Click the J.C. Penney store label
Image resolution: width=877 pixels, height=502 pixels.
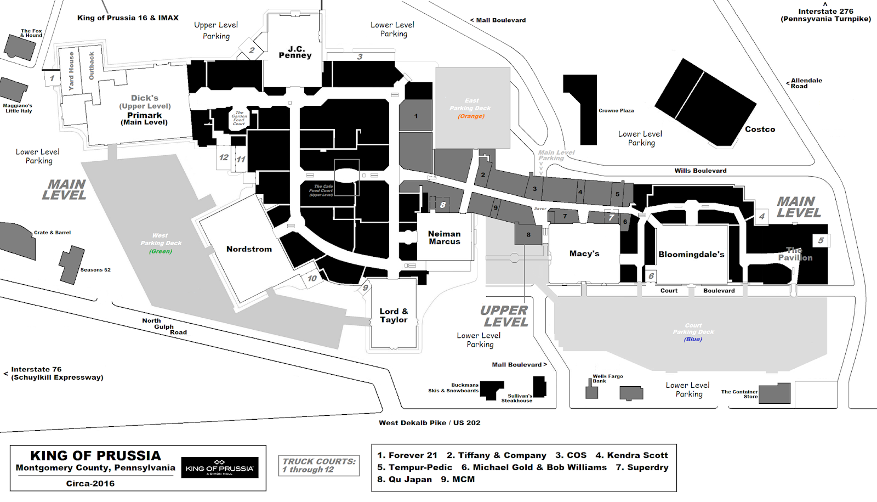click(295, 52)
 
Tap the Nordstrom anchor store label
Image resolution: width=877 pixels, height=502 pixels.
click(249, 249)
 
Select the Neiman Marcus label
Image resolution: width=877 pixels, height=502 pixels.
click(445, 238)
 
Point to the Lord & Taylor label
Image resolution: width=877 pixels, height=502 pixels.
click(394, 315)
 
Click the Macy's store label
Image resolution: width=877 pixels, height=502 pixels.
click(584, 253)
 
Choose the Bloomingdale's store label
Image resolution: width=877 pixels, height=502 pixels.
click(691, 255)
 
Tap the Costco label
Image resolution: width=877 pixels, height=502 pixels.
click(760, 129)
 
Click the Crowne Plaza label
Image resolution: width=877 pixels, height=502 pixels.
click(616, 111)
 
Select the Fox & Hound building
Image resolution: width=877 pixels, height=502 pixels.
click(20, 48)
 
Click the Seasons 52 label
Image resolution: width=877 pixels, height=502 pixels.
click(95, 270)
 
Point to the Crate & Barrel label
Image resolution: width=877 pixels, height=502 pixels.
click(52, 233)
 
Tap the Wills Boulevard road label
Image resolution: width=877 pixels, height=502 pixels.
click(701, 171)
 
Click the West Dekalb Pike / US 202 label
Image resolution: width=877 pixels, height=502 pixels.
click(429, 423)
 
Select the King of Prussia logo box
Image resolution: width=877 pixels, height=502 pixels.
click(220, 467)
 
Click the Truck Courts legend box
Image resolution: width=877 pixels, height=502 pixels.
click(318, 465)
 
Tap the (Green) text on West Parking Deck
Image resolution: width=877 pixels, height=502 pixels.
click(161, 251)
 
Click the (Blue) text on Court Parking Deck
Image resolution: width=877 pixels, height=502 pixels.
click(693, 339)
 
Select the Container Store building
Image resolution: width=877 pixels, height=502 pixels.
click(775, 393)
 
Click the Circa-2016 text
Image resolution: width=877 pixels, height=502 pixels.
click(90, 483)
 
